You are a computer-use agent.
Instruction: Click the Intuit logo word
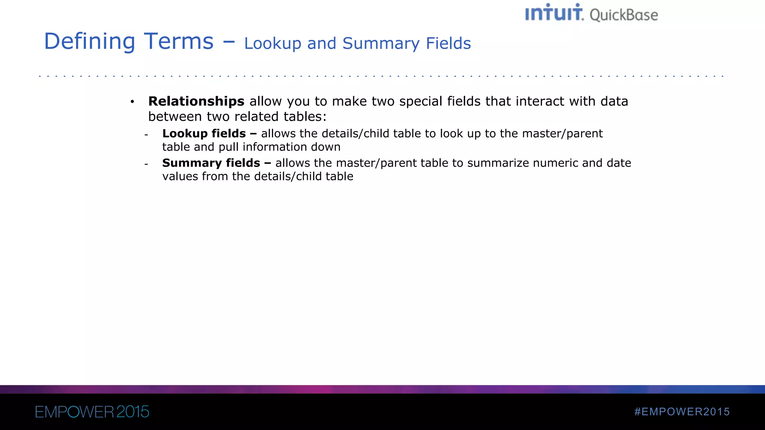[554, 13]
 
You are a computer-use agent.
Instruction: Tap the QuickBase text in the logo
[623, 15]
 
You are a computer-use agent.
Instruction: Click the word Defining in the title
[90, 41]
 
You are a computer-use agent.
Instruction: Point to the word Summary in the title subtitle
[381, 44]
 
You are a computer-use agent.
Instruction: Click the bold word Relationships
[196, 101]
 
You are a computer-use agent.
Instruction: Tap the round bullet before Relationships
[132, 102]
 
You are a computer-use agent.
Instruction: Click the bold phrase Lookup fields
[204, 133]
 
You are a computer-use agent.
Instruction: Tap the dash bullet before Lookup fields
[146, 135]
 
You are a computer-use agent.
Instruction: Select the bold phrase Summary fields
[211, 163]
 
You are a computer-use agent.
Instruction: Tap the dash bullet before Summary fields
[146, 164]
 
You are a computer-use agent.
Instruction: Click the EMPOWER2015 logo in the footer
[92, 412]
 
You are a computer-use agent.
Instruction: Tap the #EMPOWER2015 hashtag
[682, 412]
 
